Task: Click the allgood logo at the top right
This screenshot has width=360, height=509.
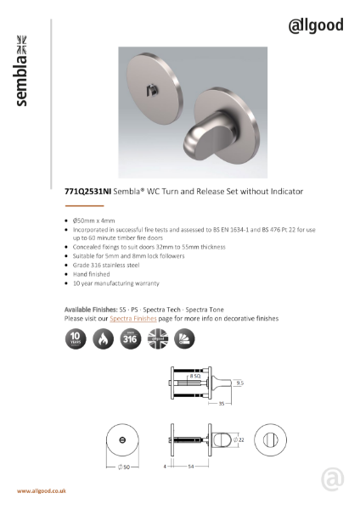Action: point(316,25)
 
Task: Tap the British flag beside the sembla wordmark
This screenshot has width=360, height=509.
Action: point(23,39)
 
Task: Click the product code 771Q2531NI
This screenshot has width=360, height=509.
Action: point(88,193)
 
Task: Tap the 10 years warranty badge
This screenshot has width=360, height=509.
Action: point(76,339)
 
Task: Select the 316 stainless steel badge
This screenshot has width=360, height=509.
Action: point(129,339)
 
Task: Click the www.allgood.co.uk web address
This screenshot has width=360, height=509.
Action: point(42,491)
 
